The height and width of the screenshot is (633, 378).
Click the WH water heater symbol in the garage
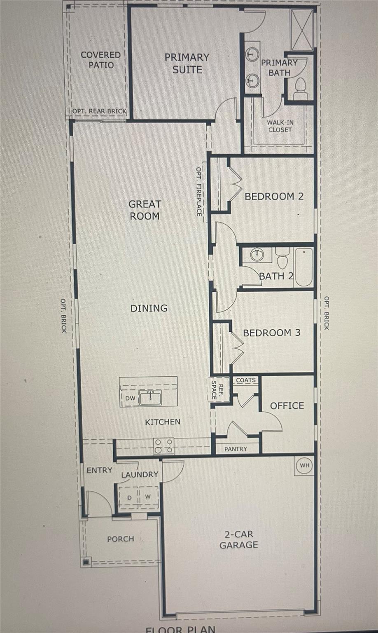[304, 466]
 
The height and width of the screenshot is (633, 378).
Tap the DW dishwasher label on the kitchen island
[130, 398]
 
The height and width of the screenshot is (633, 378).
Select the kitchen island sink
[150, 398]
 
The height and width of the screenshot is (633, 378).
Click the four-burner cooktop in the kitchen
[163, 446]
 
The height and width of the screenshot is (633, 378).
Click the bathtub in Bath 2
[304, 267]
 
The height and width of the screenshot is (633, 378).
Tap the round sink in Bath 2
[257, 255]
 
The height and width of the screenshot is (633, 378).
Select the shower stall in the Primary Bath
[302, 30]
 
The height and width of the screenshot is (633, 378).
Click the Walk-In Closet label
[280, 126]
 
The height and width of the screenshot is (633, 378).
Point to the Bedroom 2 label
[274, 196]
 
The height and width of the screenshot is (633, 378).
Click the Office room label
[287, 406]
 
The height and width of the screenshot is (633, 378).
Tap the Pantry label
[236, 449]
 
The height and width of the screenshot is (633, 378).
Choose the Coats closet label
[246, 380]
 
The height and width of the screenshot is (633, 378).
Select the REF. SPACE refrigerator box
[217, 389]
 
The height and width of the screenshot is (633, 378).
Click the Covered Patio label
[100, 60]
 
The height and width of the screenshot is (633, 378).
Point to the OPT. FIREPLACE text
[199, 191]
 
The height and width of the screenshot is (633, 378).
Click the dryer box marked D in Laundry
[129, 497]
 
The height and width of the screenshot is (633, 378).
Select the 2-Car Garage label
[238, 539]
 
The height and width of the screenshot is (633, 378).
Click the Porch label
[120, 539]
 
